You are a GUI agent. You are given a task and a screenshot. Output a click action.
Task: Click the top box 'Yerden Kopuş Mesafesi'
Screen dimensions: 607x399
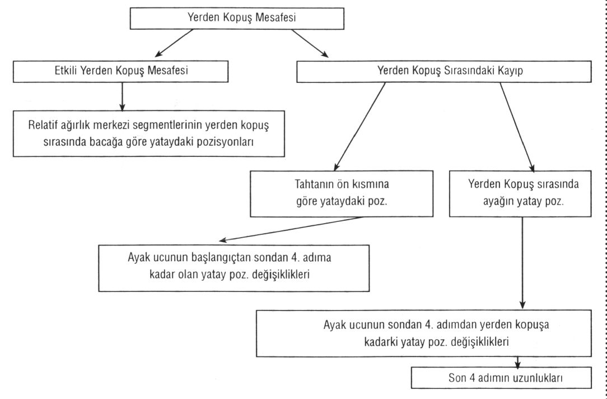pos(237,18)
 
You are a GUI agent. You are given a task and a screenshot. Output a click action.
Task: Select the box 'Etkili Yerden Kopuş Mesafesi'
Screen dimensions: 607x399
pos(121,71)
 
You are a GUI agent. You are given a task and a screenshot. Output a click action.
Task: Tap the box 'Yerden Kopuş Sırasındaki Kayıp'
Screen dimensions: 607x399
pos(444,71)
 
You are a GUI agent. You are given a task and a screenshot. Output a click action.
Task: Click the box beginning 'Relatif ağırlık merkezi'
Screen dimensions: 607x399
pos(148,133)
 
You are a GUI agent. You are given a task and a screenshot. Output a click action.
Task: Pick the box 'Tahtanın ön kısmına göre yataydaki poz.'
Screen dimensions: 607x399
pos(342,194)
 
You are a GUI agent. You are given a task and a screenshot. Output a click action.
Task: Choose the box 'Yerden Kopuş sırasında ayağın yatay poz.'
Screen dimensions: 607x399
pos(520,194)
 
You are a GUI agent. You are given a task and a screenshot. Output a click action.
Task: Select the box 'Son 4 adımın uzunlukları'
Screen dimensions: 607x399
pos(501,378)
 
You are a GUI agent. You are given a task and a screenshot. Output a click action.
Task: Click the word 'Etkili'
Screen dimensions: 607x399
pos(66,71)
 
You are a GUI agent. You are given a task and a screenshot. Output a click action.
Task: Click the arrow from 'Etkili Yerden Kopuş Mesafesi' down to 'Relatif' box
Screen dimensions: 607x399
pos(122,96)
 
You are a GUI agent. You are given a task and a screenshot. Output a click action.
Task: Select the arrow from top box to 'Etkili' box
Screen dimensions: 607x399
pos(174,43)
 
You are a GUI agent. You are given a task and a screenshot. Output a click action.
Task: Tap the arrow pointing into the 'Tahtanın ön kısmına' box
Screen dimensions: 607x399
pos(359,127)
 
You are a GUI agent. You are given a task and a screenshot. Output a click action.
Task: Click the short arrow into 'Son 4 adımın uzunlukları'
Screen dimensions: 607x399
pos(517,362)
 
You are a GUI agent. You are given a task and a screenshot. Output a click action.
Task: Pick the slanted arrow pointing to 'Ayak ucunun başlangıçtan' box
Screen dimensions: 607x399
pos(291,229)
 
